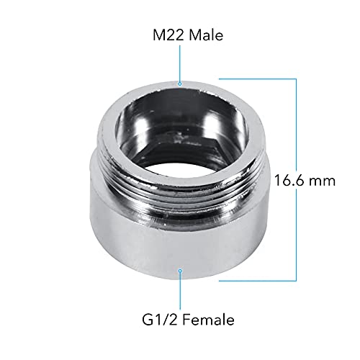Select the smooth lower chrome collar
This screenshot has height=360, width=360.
(180, 245)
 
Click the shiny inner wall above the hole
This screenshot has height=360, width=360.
(180, 115)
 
